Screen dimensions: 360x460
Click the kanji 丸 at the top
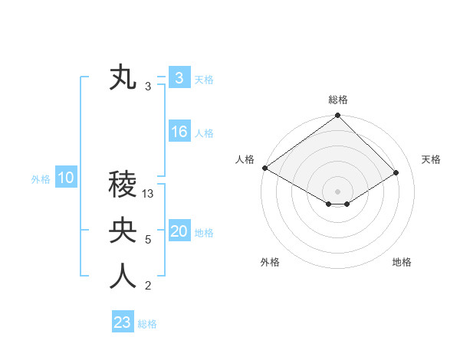[123, 78]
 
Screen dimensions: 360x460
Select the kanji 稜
[123, 184]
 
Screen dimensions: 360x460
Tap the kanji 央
[123, 231]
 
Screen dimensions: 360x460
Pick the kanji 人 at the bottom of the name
[123, 277]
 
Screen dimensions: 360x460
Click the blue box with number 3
[179, 78]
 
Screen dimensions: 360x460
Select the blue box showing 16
[179, 132]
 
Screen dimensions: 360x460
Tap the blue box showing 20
[179, 231]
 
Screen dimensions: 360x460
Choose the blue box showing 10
[65, 178]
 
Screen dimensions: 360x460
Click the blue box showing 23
[123, 322]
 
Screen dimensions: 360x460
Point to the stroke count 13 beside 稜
[149, 194]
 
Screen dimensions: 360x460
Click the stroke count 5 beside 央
[148, 240]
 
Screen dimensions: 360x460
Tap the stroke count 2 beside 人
[148, 286]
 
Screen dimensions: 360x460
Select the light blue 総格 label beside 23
[147, 324]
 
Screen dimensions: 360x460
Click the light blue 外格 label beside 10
[41, 179]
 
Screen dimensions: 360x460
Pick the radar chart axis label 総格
[338, 100]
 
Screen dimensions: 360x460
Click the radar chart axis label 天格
[432, 159]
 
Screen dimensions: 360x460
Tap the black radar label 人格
[245, 159]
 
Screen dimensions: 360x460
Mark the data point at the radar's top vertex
[338, 116]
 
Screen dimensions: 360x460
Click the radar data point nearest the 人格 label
[264, 168]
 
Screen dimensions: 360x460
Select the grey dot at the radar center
[338, 191]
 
